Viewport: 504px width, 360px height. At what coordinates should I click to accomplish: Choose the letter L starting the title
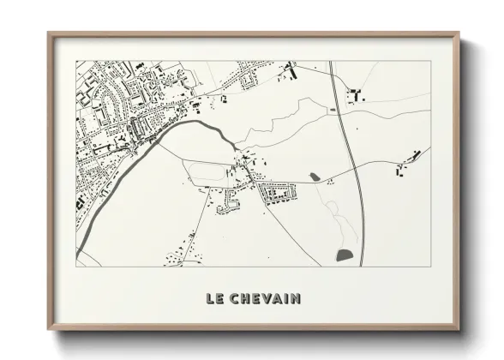click(x=209, y=299)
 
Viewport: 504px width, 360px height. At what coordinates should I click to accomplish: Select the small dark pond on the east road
click(x=315, y=177)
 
